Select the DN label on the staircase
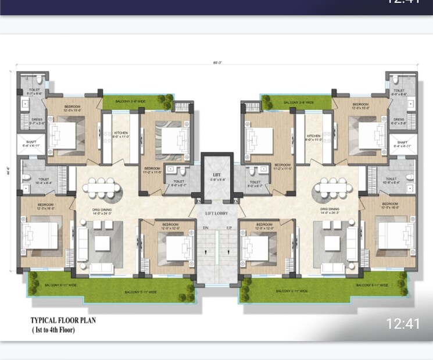(x=206, y=227)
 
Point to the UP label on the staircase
(x=229, y=227)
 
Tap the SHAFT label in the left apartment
(x=27, y=142)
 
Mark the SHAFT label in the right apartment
(x=402, y=142)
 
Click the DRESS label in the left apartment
(x=35, y=119)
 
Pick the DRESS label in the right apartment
(x=398, y=119)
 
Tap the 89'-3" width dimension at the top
(x=217, y=62)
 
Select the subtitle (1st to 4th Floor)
(x=53, y=330)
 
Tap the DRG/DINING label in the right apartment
(x=329, y=209)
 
